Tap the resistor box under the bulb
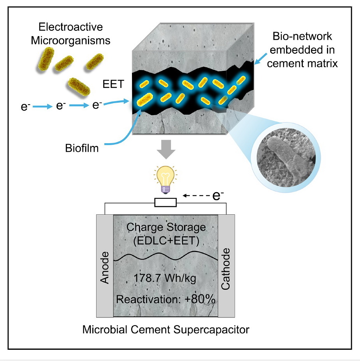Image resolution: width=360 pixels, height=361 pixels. click(x=165, y=202)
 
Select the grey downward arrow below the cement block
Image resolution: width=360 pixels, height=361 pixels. click(x=166, y=149)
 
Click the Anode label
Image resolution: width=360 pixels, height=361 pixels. click(x=105, y=267)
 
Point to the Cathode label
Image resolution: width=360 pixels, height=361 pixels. click(x=225, y=269)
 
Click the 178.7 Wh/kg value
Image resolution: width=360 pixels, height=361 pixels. click(x=165, y=278)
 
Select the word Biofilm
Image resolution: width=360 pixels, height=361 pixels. click(x=82, y=148)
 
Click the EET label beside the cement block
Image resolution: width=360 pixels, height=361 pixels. click(x=113, y=84)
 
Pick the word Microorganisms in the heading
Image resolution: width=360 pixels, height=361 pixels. click(x=70, y=40)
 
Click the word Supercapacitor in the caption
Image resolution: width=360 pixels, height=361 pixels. click(x=211, y=330)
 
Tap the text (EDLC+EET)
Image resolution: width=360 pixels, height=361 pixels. click(x=166, y=241)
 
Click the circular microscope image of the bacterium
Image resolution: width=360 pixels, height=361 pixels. click(x=286, y=157)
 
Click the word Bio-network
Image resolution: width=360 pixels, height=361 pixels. click(x=302, y=36)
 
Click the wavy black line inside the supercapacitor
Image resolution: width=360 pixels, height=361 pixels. click(x=166, y=256)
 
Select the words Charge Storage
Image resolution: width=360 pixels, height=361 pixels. click(x=166, y=227)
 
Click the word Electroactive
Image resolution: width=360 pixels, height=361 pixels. click(x=70, y=27)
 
